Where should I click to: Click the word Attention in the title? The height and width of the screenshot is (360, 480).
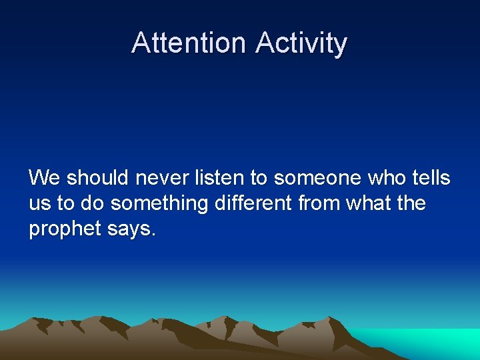(189, 43)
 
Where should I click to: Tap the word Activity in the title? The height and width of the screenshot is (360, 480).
(301, 43)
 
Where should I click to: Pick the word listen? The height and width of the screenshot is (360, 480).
(217, 178)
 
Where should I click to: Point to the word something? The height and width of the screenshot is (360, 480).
(159, 203)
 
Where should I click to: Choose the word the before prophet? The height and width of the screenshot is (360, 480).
(411, 203)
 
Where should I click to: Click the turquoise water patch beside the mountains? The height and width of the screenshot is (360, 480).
(427, 341)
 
